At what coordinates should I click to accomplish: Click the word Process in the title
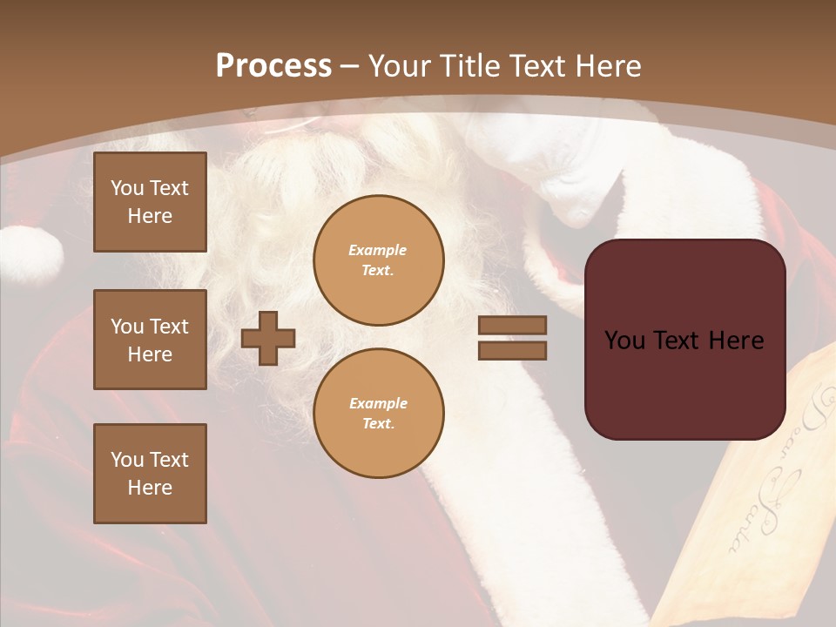pyautogui.click(x=273, y=66)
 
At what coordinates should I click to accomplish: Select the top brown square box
pyautogui.click(x=150, y=202)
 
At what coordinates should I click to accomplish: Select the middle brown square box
pyautogui.click(x=150, y=340)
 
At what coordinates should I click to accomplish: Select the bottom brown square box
pyautogui.click(x=150, y=474)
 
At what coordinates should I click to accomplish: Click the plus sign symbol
pyautogui.click(x=268, y=338)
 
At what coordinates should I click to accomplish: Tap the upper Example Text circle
pyautogui.click(x=378, y=260)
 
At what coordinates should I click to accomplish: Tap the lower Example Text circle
pyautogui.click(x=378, y=414)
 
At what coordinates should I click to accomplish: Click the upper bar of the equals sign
pyautogui.click(x=512, y=325)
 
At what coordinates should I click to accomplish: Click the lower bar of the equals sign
pyautogui.click(x=512, y=350)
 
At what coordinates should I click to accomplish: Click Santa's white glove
pyautogui.click(x=557, y=174)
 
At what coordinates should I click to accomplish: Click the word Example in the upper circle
pyautogui.click(x=378, y=250)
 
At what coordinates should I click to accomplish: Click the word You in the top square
pyautogui.click(x=126, y=188)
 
